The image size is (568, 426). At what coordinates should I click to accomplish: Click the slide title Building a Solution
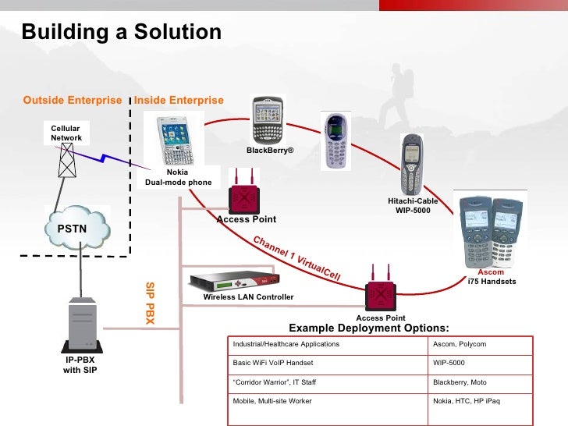(x=122, y=32)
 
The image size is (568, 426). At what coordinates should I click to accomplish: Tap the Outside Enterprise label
(x=73, y=101)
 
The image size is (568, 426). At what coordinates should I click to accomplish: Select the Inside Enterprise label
(x=179, y=101)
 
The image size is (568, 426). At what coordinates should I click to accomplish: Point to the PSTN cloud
(x=78, y=228)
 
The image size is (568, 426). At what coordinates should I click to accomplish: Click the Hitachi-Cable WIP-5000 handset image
(x=411, y=165)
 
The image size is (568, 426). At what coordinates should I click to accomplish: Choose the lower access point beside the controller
(x=381, y=295)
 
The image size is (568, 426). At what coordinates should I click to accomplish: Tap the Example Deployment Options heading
(x=369, y=328)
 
